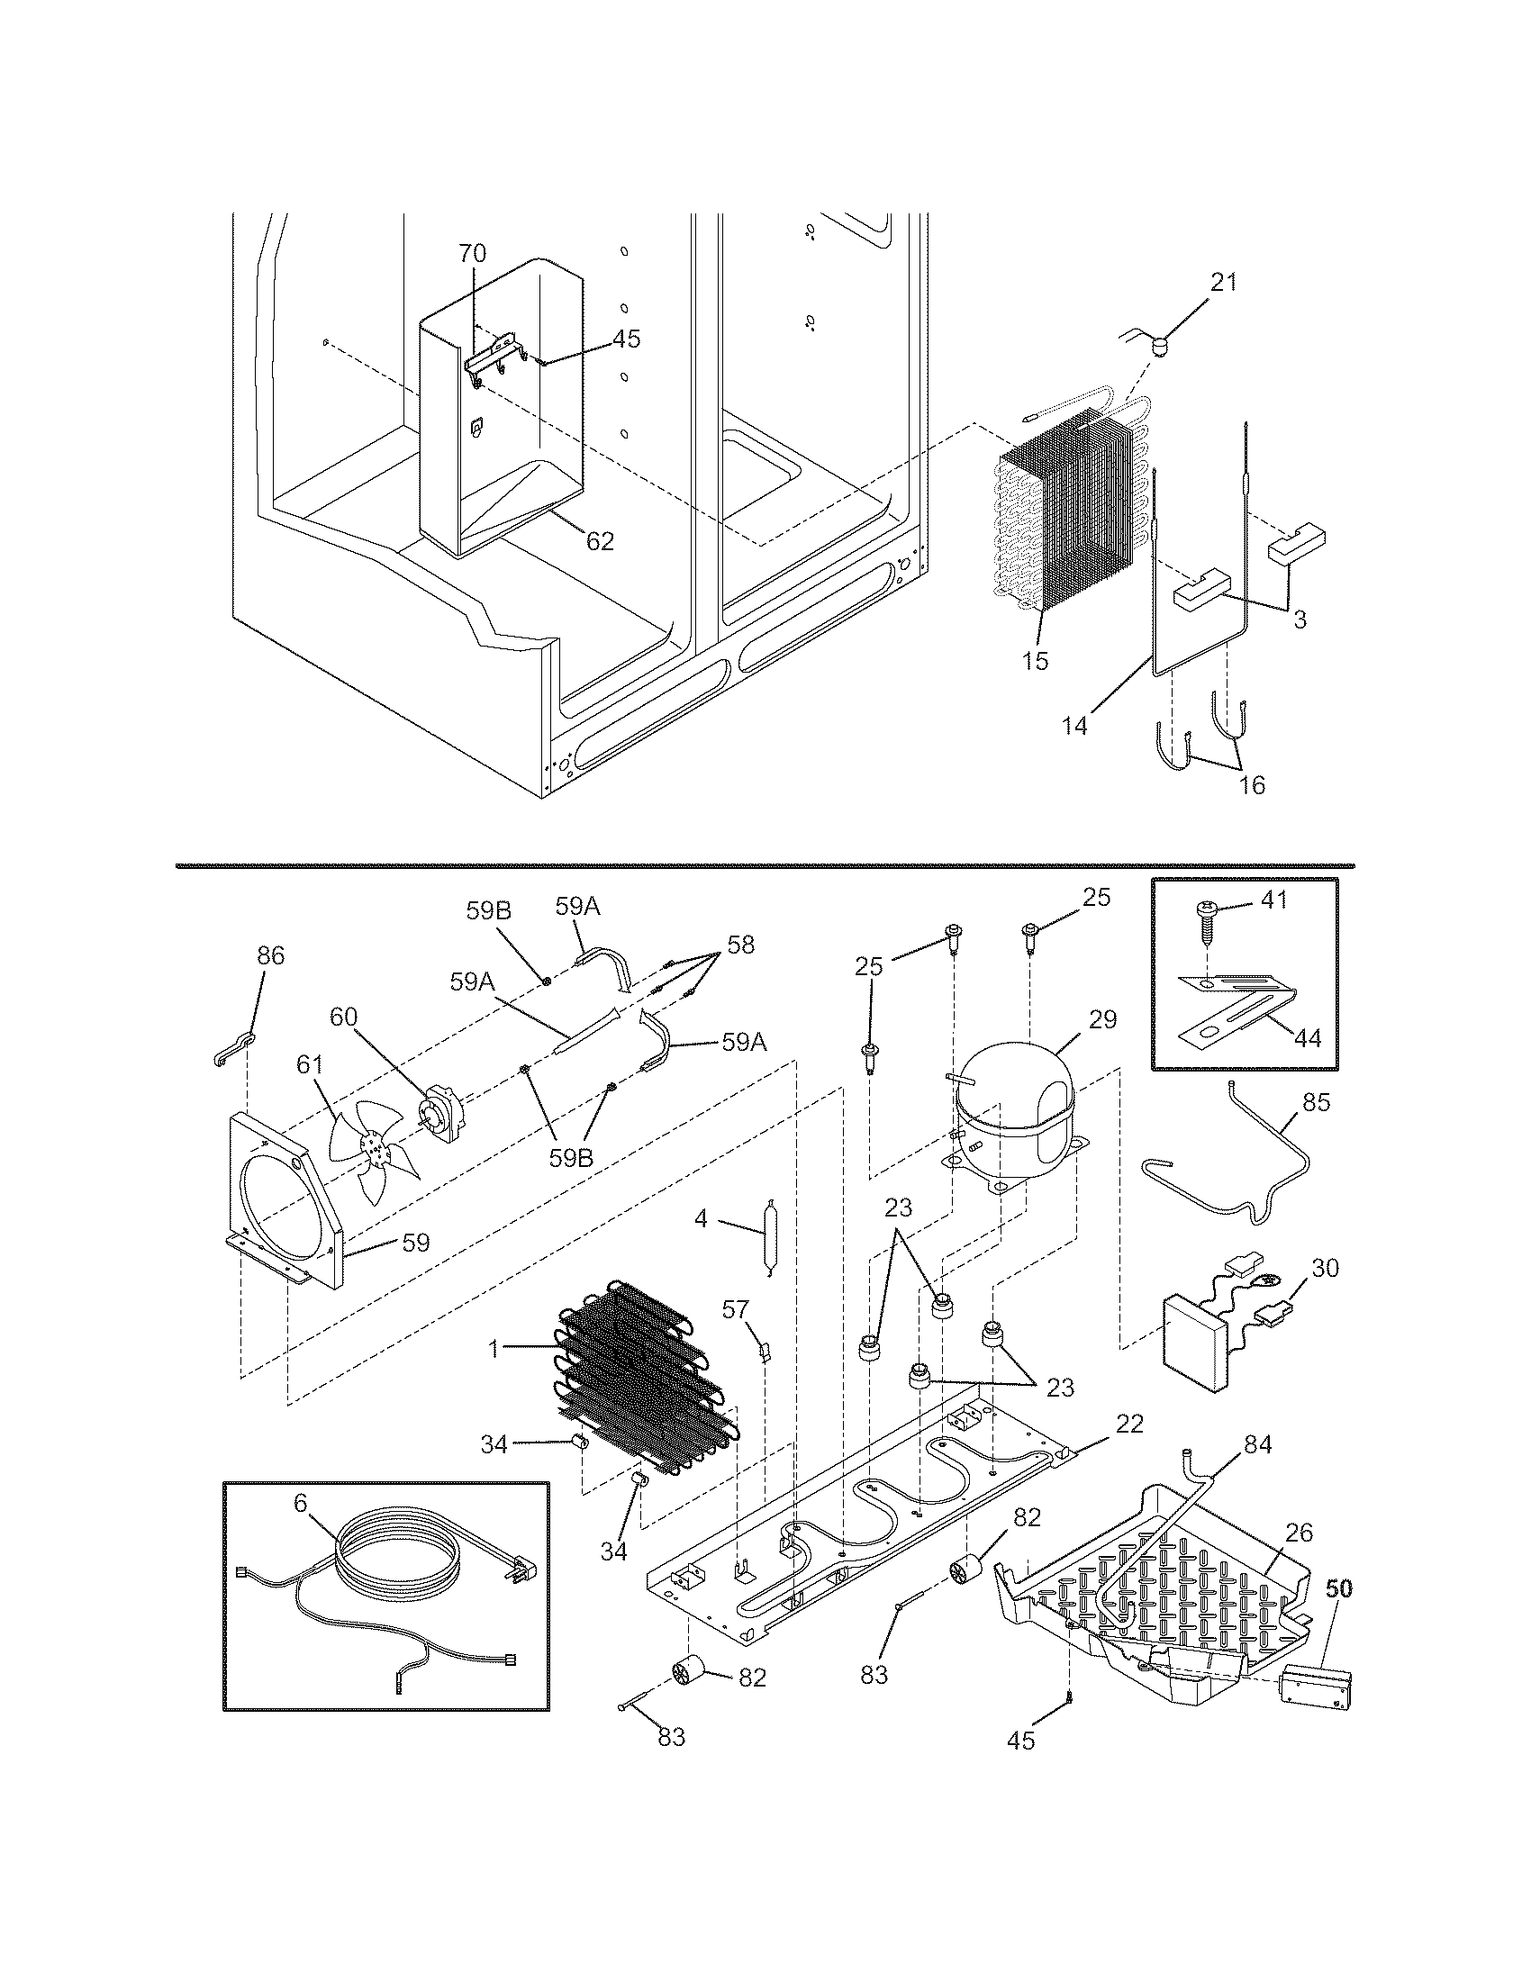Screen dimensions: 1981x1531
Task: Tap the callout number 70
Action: (x=472, y=253)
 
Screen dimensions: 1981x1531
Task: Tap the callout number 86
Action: (x=270, y=955)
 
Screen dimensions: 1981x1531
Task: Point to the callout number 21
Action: (x=1224, y=282)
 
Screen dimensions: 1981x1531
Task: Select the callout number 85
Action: (x=1316, y=1102)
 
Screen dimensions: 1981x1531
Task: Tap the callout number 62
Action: (x=600, y=541)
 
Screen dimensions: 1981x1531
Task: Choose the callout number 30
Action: (x=1325, y=1268)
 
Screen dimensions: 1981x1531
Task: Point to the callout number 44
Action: (x=1307, y=1037)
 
